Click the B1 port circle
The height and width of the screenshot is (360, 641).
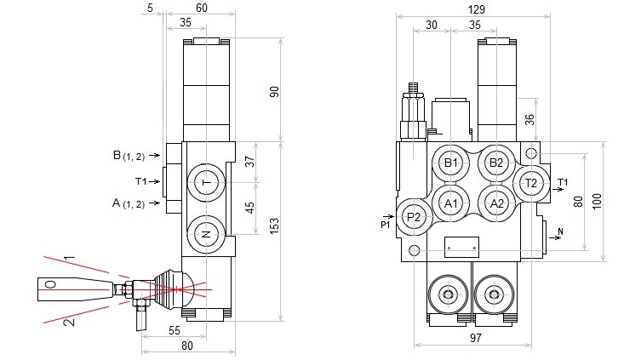tap(451, 163)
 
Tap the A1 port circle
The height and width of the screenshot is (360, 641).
tap(451, 203)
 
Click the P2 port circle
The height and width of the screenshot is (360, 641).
tap(415, 218)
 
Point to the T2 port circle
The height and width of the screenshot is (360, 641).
tap(530, 183)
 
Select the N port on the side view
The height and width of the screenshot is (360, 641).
tap(205, 232)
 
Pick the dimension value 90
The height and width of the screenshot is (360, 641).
tap(274, 91)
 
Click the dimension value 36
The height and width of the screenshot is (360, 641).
tap(529, 119)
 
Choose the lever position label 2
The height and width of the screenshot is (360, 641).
tap(71, 322)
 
